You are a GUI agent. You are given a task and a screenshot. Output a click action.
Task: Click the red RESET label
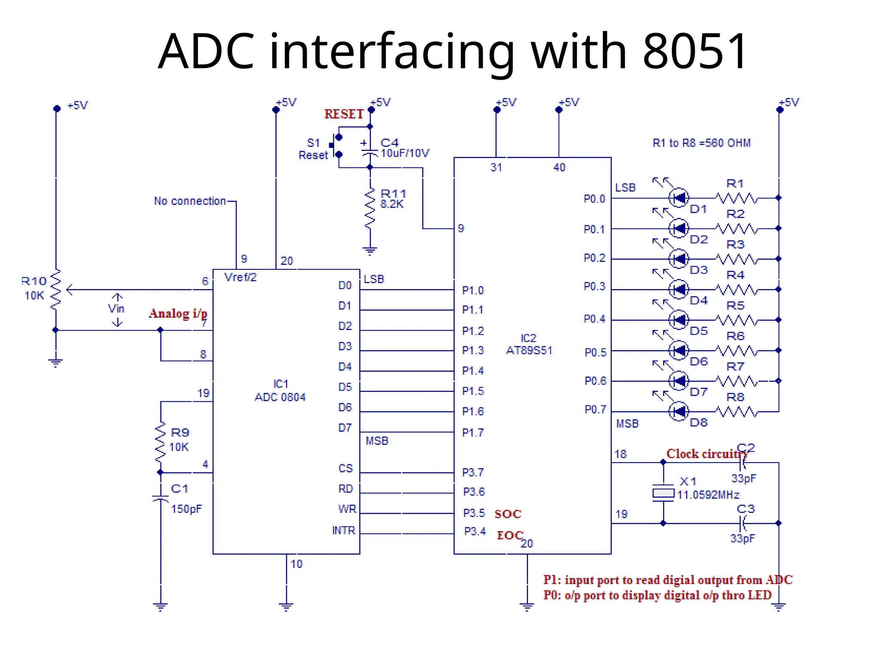click(x=344, y=114)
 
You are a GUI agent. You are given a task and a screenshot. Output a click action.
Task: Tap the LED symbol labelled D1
click(x=679, y=198)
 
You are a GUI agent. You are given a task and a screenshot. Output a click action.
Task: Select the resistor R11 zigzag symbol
click(x=370, y=209)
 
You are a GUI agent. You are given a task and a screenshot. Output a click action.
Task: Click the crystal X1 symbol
click(x=663, y=493)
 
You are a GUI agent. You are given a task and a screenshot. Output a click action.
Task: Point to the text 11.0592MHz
click(x=708, y=495)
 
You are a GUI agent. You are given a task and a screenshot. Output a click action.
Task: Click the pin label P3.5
click(x=474, y=513)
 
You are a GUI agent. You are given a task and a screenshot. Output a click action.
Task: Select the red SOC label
click(x=508, y=514)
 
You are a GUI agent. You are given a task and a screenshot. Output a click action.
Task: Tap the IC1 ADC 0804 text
click(x=280, y=391)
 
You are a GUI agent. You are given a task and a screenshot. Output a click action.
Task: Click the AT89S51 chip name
click(x=529, y=350)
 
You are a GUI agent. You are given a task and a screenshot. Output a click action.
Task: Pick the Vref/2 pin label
click(x=240, y=277)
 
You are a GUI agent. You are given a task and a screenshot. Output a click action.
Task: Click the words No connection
click(x=190, y=201)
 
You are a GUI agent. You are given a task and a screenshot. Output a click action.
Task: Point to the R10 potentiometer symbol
click(x=55, y=289)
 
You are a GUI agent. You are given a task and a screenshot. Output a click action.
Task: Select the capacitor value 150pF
click(x=186, y=509)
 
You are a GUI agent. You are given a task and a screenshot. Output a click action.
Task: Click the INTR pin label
click(x=343, y=531)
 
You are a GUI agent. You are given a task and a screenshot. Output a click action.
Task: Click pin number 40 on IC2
click(x=559, y=167)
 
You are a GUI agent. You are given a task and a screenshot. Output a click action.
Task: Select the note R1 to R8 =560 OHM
click(x=701, y=143)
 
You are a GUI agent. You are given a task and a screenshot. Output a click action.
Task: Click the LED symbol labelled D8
click(x=679, y=412)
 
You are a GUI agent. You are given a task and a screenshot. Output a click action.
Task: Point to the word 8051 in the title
click(x=694, y=52)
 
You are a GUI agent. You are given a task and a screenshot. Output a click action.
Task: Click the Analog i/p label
click(x=178, y=313)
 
